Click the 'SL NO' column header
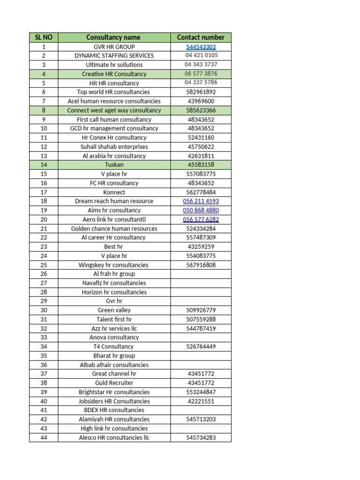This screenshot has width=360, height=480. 44,37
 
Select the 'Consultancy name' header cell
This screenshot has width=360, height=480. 113,37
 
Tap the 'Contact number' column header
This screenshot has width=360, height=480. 201,37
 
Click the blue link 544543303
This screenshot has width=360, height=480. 201,47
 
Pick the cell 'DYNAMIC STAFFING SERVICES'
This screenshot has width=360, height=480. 114,55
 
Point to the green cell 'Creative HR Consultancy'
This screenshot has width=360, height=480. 114,74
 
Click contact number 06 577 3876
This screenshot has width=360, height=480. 201,74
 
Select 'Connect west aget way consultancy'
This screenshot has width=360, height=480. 114,110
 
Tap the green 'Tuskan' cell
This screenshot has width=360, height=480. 114,165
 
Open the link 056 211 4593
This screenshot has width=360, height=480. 201,201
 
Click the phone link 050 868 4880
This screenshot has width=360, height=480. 201,210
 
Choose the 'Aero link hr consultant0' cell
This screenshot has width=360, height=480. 114,219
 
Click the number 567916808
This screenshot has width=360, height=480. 201,265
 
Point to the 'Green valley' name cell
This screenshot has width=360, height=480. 114,310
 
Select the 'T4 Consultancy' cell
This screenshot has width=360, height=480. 114,346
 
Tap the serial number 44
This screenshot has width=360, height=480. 44,437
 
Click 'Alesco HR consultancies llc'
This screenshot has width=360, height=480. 114,437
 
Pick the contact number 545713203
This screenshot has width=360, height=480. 201,419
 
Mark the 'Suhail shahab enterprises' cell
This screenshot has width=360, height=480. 114,147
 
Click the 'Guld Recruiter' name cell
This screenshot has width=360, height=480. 114,383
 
